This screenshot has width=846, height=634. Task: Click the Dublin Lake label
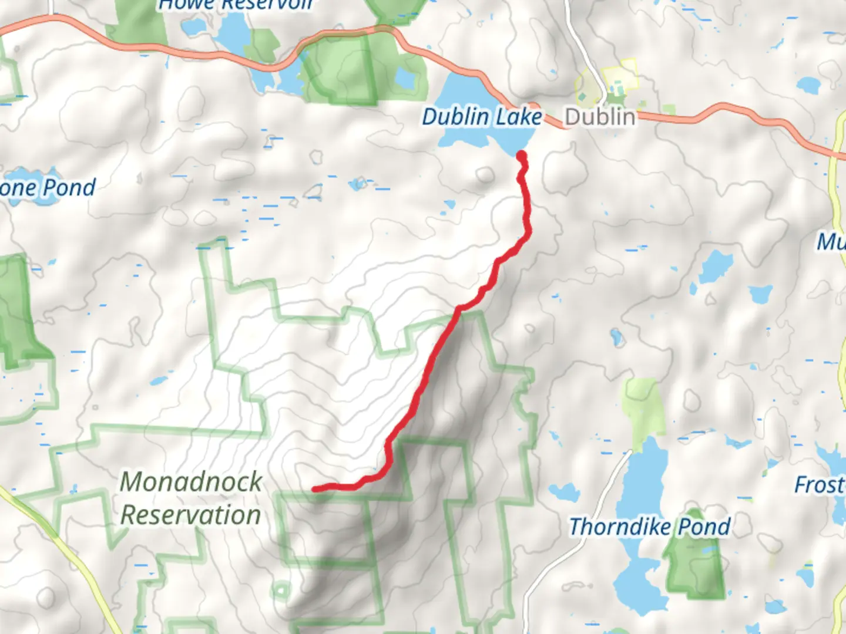tap(482, 117)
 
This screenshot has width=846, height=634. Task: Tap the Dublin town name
tap(600, 117)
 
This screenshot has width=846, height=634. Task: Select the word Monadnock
tap(191, 482)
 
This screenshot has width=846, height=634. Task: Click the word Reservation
tap(191, 515)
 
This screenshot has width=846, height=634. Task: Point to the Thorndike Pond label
tap(650, 527)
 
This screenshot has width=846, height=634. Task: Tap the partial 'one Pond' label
tap(47, 188)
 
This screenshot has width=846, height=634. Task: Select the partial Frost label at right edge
tap(820, 485)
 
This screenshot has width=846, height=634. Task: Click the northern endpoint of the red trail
tap(521, 155)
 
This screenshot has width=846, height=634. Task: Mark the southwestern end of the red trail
tap(315, 488)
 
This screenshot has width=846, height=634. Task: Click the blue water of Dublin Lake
tap(464, 94)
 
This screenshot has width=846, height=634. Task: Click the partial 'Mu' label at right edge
tap(831, 241)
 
